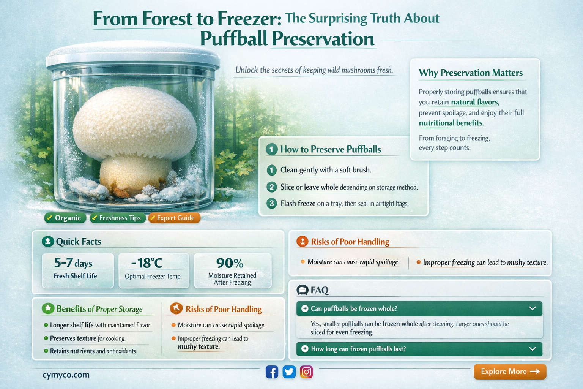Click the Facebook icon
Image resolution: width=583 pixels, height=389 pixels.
click(x=272, y=372)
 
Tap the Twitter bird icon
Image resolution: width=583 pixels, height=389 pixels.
click(x=289, y=372)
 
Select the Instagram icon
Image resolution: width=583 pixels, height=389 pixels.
click(x=306, y=372)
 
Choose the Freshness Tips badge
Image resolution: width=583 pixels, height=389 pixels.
click(x=118, y=218)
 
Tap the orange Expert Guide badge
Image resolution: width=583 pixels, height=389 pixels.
click(x=174, y=218)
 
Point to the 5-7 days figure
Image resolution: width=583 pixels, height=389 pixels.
click(x=73, y=263)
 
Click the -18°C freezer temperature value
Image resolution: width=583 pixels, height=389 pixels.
click(x=147, y=263)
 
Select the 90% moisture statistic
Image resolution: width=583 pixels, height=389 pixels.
click(x=230, y=263)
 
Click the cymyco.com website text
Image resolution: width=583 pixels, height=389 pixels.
click(x=66, y=375)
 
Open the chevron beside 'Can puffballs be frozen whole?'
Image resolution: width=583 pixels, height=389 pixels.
click(x=533, y=308)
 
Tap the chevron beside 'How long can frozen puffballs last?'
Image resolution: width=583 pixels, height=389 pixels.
click(x=533, y=349)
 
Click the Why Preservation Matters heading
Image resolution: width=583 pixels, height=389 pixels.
click(x=471, y=73)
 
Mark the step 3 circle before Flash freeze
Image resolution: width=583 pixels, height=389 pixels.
click(x=271, y=203)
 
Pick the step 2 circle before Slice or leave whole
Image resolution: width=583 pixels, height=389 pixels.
click(x=271, y=187)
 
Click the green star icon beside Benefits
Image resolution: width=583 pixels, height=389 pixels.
click(x=48, y=308)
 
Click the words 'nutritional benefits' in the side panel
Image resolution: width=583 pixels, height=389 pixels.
click(x=451, y=123)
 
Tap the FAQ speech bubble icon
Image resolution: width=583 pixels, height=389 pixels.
click(x=303, y=290)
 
